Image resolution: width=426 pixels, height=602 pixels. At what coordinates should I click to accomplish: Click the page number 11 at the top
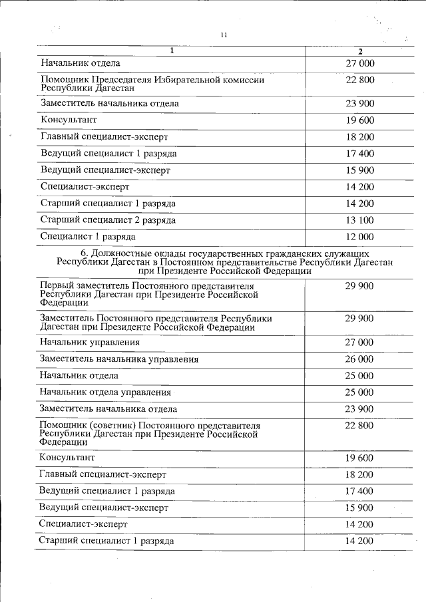coord(224,35)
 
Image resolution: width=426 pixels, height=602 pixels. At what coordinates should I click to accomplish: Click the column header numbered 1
coord(172,51)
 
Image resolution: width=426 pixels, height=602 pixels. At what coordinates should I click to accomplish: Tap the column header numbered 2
coord(360,52)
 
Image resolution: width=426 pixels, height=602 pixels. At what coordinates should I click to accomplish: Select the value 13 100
coord(360,220)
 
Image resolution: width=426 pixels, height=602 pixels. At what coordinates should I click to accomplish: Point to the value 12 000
coord(360,237)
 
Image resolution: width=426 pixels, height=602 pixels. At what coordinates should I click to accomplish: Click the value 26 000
coord(360,359)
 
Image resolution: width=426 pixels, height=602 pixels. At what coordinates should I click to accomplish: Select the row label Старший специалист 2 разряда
coord(108,220)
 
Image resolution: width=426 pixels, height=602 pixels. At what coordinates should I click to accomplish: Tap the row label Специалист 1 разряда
coord(88,237)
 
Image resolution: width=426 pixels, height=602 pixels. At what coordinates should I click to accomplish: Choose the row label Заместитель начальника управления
coord(119,359)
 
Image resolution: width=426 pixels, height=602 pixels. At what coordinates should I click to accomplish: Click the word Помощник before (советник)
coord(64,425)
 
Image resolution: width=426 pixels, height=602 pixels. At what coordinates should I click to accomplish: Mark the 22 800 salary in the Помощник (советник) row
coord(360,425)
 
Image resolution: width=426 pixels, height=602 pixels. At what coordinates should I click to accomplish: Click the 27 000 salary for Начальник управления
coord(360,343)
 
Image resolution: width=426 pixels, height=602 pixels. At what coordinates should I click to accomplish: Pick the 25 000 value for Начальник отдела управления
coord(360,392)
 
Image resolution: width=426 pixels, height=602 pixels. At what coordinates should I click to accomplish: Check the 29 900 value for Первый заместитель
coord(360,285)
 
